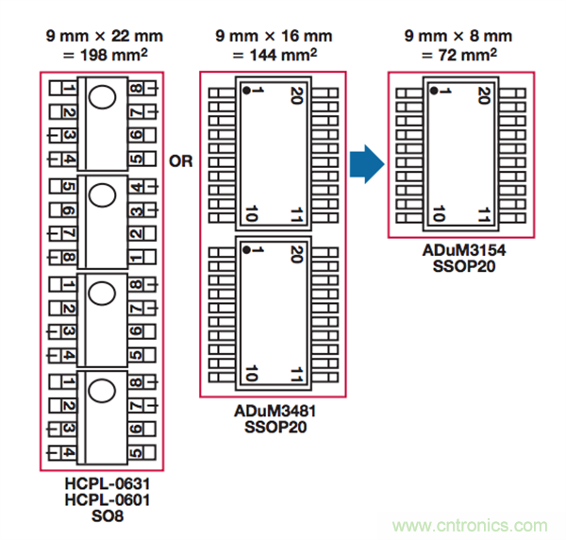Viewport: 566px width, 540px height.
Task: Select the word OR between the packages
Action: [x=180, y=161]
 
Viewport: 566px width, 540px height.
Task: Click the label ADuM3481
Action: [x=273, y=413]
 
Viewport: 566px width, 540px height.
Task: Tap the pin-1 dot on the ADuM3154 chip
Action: [x=431, y=91]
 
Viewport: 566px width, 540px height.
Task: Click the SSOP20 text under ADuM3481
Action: [x=273, y=428]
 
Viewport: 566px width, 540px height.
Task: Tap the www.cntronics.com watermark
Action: [x=472, y=526]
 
